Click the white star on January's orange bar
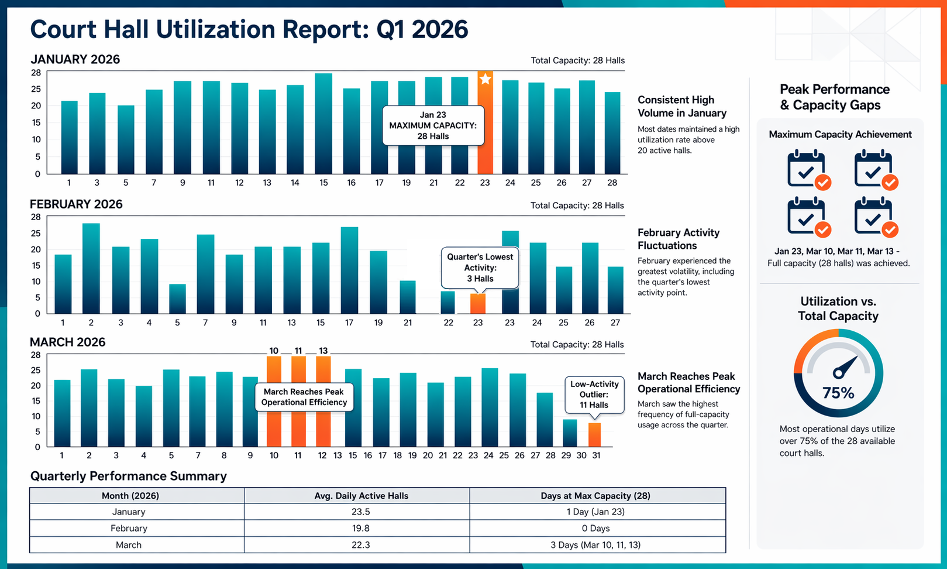[x=485, y=78]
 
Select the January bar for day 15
[x=323, y=124]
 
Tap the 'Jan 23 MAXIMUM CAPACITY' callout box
[x=433, y=126]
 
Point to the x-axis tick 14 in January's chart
[x=295, y=183]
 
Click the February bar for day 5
[x=178, y=299]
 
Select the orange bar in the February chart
[x=478, y=303]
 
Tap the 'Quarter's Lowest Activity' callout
[x=480, y=268]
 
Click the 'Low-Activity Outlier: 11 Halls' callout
[x=594, y=395]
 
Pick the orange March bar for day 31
[x=594, y=434]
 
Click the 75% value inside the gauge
[x=838, y=393]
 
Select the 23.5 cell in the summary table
[x=361, y=512]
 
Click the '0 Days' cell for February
[x=595, y=528]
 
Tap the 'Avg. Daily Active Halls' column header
[x=361, y=495]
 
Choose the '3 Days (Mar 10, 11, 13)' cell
[x=595, y=545]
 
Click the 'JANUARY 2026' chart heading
[x=75, y=59]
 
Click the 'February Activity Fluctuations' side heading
[x=678, y=239]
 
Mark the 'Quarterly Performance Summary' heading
[x=129, y=477]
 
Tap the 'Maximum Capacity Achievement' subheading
[x=840, y=135]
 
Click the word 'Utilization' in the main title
[x=215, y=29]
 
